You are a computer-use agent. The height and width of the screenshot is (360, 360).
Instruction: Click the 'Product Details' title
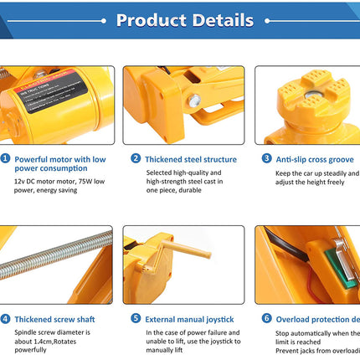[x=184, y=20]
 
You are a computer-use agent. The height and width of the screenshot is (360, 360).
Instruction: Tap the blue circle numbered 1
[x=5, y=158]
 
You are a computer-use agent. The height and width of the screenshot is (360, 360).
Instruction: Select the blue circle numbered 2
[x=136, y=158]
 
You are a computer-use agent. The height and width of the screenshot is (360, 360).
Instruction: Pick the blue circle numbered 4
[x=5, y=319]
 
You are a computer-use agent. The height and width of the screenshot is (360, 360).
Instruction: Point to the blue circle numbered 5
[x=136, y=319]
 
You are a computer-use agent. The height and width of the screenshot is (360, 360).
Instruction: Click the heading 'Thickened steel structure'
[x=191, y=158]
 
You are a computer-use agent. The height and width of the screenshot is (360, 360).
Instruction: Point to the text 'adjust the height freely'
[x=310, y=184]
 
